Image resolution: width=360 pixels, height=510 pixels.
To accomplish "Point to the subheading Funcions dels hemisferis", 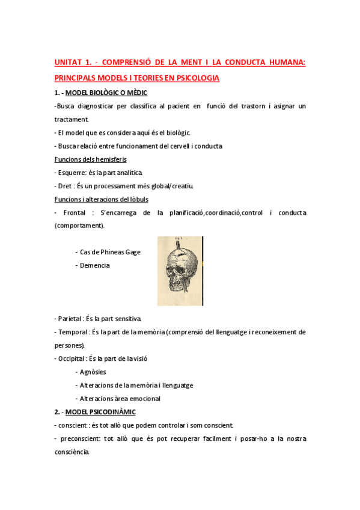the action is coord(86,159).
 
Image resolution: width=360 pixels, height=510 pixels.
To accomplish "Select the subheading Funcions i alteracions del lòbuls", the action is coord(101,199).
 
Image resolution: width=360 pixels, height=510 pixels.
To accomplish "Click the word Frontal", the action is coord(75,212).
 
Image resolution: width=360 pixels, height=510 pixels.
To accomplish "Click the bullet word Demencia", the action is coord(94,265).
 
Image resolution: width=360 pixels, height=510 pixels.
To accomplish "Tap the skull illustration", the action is coord(180,270).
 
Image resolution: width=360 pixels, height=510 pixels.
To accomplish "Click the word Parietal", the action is coord(73,318).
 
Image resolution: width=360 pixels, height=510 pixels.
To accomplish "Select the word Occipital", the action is coord(75,358).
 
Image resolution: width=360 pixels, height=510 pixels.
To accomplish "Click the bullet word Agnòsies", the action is coord(93,372).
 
